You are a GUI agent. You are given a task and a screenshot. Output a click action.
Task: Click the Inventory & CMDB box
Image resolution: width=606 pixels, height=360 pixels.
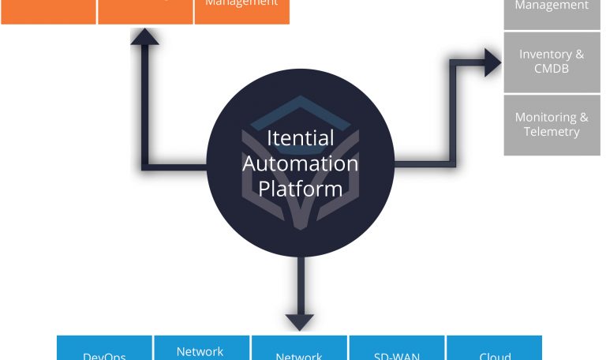[552, 62]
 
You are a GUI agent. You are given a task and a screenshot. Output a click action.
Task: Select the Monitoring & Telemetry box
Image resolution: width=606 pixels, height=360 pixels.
[552, 125]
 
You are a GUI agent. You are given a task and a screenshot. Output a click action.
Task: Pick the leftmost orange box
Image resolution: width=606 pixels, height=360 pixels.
[48, 11]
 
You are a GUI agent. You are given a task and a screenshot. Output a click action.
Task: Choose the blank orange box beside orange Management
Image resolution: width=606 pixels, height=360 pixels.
[145, 11]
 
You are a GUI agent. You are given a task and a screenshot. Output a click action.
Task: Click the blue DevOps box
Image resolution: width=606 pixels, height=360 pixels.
[104, 349]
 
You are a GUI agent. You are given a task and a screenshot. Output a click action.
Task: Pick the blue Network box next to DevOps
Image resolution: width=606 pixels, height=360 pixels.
[200, 349]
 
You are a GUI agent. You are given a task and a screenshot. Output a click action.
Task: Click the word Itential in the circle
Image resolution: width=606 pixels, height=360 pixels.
[300, 137]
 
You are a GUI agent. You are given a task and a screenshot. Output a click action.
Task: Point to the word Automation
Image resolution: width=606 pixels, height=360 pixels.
[300, 163]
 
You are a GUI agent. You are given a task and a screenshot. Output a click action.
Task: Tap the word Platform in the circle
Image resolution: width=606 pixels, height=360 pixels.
[300, 189]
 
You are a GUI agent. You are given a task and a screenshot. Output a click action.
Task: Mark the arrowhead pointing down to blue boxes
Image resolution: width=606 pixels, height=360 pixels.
[300, 321]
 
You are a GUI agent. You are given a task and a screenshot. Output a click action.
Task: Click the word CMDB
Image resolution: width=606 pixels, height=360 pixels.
[552, 69]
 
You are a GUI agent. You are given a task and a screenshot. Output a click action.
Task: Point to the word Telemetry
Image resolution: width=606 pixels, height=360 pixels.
[552, 132]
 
